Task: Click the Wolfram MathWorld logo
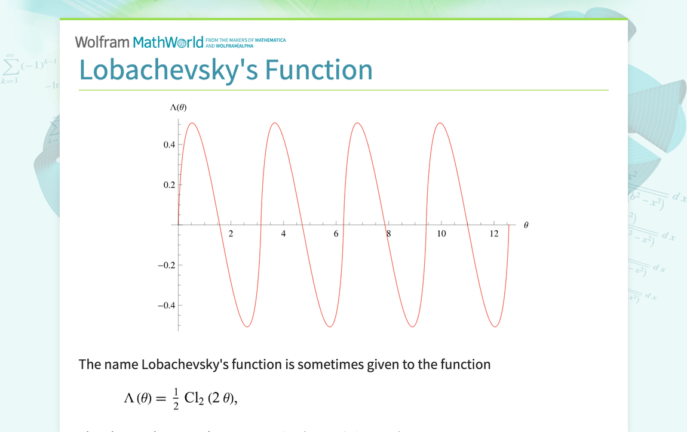[139, 42]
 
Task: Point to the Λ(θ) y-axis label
[178, 107]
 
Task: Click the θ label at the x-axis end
[526, 225]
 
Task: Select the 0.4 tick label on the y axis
[169, 144]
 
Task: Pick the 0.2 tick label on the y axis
[169, 185]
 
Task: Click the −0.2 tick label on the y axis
[166, 266]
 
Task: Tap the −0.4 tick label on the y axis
[166, 306]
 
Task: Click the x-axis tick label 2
[231, 234]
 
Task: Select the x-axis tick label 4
[284, 234]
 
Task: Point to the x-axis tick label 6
[336, 234]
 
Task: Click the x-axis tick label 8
[388, 234]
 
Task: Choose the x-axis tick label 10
[441, 234]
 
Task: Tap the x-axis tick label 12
[494, 234]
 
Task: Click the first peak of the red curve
[192, 123]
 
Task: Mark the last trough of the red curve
[495, 326]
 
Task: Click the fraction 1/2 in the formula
[176, 399]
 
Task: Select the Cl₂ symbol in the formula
[195, 399]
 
